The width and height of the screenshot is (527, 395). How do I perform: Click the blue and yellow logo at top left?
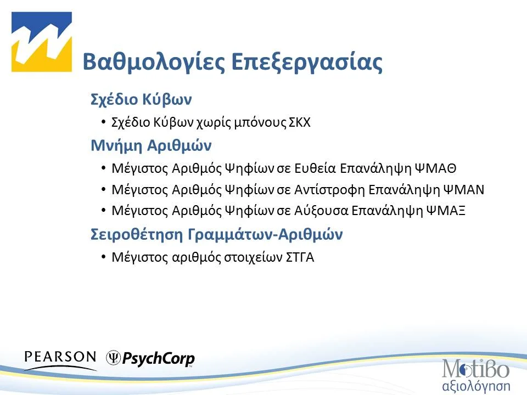pyautogui.click(x=42, y=42)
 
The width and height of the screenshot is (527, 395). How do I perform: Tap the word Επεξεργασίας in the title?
pyautogui.click(x=306, y=62)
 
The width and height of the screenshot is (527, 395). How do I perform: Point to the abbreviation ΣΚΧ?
pyautogui.click(x=300, y=122)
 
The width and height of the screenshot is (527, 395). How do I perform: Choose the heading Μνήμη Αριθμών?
pyautogui.click(x=150, y=146)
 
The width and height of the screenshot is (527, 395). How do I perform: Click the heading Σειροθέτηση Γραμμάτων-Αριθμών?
pyautogui.click(x=216, y=234)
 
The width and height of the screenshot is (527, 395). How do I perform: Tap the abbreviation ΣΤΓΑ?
pyautogui.click(x=300, y=257)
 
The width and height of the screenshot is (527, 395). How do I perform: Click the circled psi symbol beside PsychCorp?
pyautogui.click(x=114, y=358)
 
